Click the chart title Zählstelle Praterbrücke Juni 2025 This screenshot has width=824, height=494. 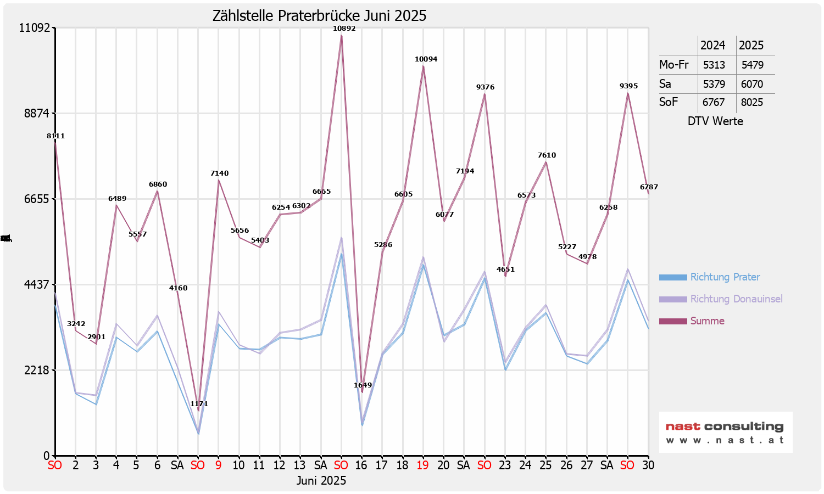pyautogui.click(x=319, y=16)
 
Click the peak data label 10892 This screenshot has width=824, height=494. pyautogui.click(x=344, y=29)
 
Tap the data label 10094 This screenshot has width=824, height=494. pyautogui.click(x=426, y=59)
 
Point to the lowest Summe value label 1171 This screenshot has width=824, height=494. pyautogui.click(x=199, y=404)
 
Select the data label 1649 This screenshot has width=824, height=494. pyautogui.click(x=363, y=385)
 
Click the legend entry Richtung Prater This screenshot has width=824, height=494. pyautogui.click(x=725, y=277)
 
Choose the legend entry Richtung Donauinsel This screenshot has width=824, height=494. pyautogui.click(x=736, y=299)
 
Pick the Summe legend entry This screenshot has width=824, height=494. pyautogui.click(x=707, y=321)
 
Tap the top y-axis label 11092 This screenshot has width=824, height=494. pyautogui.click(x=34, y=27)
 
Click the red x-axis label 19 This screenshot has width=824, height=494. pyautogui.click(x=422, y=465)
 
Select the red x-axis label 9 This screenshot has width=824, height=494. pyautogui.click(x=218, y=465)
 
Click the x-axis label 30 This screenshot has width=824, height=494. pyautogui.click(x=648, y=465)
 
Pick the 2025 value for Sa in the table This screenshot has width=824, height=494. pyautogui.click(x=752, y=84)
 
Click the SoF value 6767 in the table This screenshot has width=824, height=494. pyautogui.click(x=714, y=103)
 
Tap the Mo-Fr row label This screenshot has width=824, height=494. pyautogui.click(x=674, y=65)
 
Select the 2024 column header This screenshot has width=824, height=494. pyautogui.click(x=713, y=46)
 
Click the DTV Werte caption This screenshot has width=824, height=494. pyautogui.click(x=715, y=121)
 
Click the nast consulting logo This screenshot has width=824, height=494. pyautogui.click(x=725, y=432)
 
